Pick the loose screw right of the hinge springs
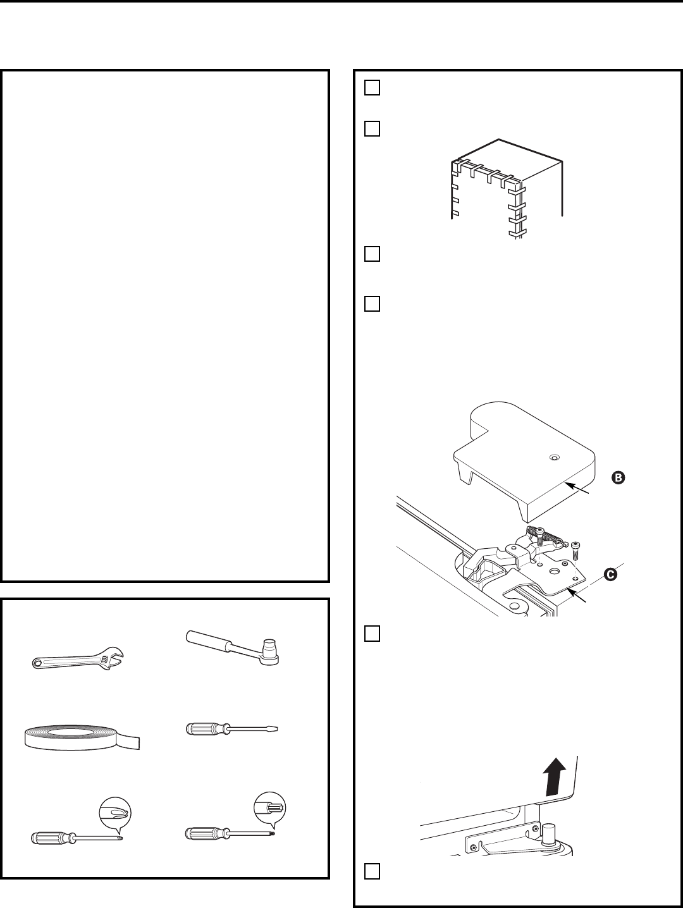[575, 549]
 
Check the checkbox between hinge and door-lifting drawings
[371, 634]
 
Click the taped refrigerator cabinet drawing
[506, 187]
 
